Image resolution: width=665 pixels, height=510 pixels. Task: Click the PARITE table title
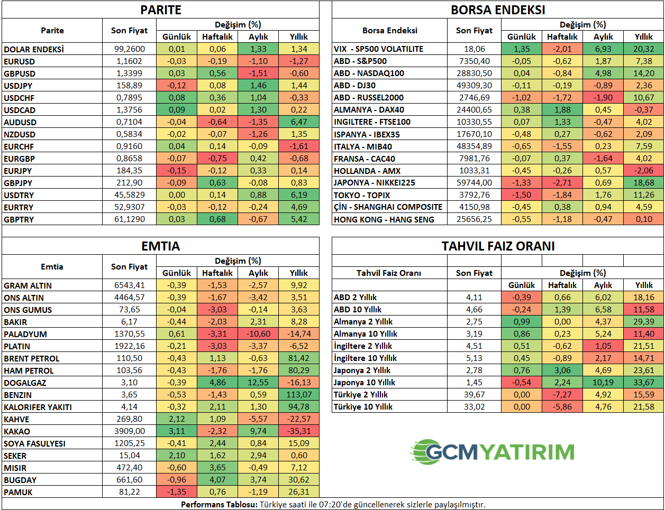(161, 10)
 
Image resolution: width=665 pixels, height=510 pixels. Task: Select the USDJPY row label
(18, 86)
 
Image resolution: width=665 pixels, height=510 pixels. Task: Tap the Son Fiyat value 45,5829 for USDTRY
(129, 194)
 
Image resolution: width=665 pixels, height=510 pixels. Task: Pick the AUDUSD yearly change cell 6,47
(299, 122)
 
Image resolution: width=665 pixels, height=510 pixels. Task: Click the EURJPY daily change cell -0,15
(177, 171)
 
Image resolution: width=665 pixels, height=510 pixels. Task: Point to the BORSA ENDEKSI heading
(498, 10)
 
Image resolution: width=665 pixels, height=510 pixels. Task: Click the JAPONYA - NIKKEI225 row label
(374, 183)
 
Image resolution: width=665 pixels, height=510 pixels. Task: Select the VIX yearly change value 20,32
(644, 49)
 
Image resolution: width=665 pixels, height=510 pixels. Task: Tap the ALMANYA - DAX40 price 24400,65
(474, 110)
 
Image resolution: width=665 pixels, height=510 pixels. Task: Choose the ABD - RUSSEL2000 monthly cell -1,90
(603, 97)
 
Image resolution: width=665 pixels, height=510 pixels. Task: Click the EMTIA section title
(161, 246)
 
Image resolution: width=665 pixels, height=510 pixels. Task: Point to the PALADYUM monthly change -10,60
(258, 333)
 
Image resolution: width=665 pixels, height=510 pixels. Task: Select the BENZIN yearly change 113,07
(299, 394)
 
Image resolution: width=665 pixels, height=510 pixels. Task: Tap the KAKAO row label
(17, 431)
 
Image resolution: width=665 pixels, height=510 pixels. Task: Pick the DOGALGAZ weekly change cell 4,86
(217, 383)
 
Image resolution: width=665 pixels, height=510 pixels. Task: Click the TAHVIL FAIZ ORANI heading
(498, 246)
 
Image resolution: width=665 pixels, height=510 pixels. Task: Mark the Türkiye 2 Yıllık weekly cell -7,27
(562, 394)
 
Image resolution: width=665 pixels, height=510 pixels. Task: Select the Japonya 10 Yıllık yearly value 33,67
(644, 383)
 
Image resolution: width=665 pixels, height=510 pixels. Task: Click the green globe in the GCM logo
(424, 452)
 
